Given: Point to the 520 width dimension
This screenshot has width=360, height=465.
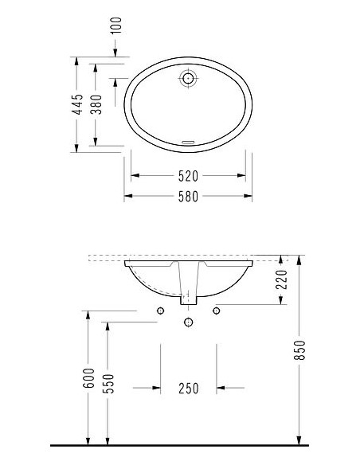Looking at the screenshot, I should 187,175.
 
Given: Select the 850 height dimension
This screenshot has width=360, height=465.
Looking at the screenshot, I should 300,350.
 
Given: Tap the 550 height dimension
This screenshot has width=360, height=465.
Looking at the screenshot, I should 109,379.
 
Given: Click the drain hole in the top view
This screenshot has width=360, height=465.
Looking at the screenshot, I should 188,78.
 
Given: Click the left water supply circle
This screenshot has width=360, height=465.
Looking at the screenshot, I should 160,311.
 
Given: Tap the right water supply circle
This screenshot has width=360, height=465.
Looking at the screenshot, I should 216,311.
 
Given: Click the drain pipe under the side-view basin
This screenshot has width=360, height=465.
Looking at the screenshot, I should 188,287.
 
